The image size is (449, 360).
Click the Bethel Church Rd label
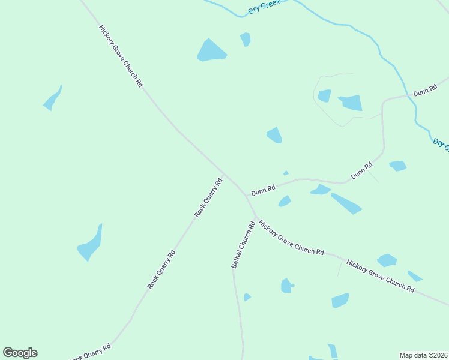tap(243, 245)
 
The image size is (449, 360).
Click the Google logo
tap(20, 353)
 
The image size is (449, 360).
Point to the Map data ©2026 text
tap(423, 355)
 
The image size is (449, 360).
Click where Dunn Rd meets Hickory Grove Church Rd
tap(246, 195)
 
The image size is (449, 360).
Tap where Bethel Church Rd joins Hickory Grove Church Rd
tap(256, 217)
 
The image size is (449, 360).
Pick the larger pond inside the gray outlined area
tap(351, 103)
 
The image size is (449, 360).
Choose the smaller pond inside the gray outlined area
tap(324, 95)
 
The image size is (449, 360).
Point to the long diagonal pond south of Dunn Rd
tap(346, 203)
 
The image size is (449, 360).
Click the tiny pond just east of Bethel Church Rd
tap(247, 297)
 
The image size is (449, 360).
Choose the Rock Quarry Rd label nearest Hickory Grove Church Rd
tap(208, 197)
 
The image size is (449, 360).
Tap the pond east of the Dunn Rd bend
tap(397, 166)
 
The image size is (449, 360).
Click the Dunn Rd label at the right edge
tap(424, 91)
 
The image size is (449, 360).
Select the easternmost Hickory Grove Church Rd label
tap(380, 276)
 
